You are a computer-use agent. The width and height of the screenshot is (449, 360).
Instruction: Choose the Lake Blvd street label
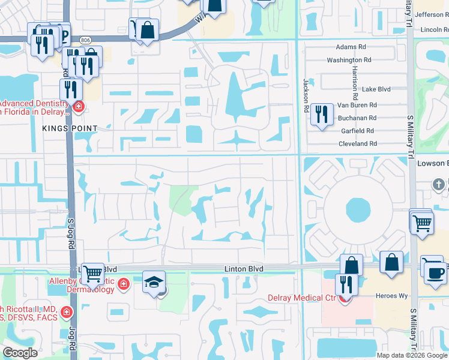click(x=376, y=89)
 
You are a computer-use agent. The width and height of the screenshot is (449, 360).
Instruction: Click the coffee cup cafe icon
click(x=435, y=272)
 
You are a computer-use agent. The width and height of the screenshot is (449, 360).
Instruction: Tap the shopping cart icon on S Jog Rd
click(x=92, y=274)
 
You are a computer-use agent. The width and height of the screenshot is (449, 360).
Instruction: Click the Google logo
click(x=20, y=353)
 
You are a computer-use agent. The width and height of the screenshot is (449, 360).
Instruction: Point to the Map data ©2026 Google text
click(x=411, y=355)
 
